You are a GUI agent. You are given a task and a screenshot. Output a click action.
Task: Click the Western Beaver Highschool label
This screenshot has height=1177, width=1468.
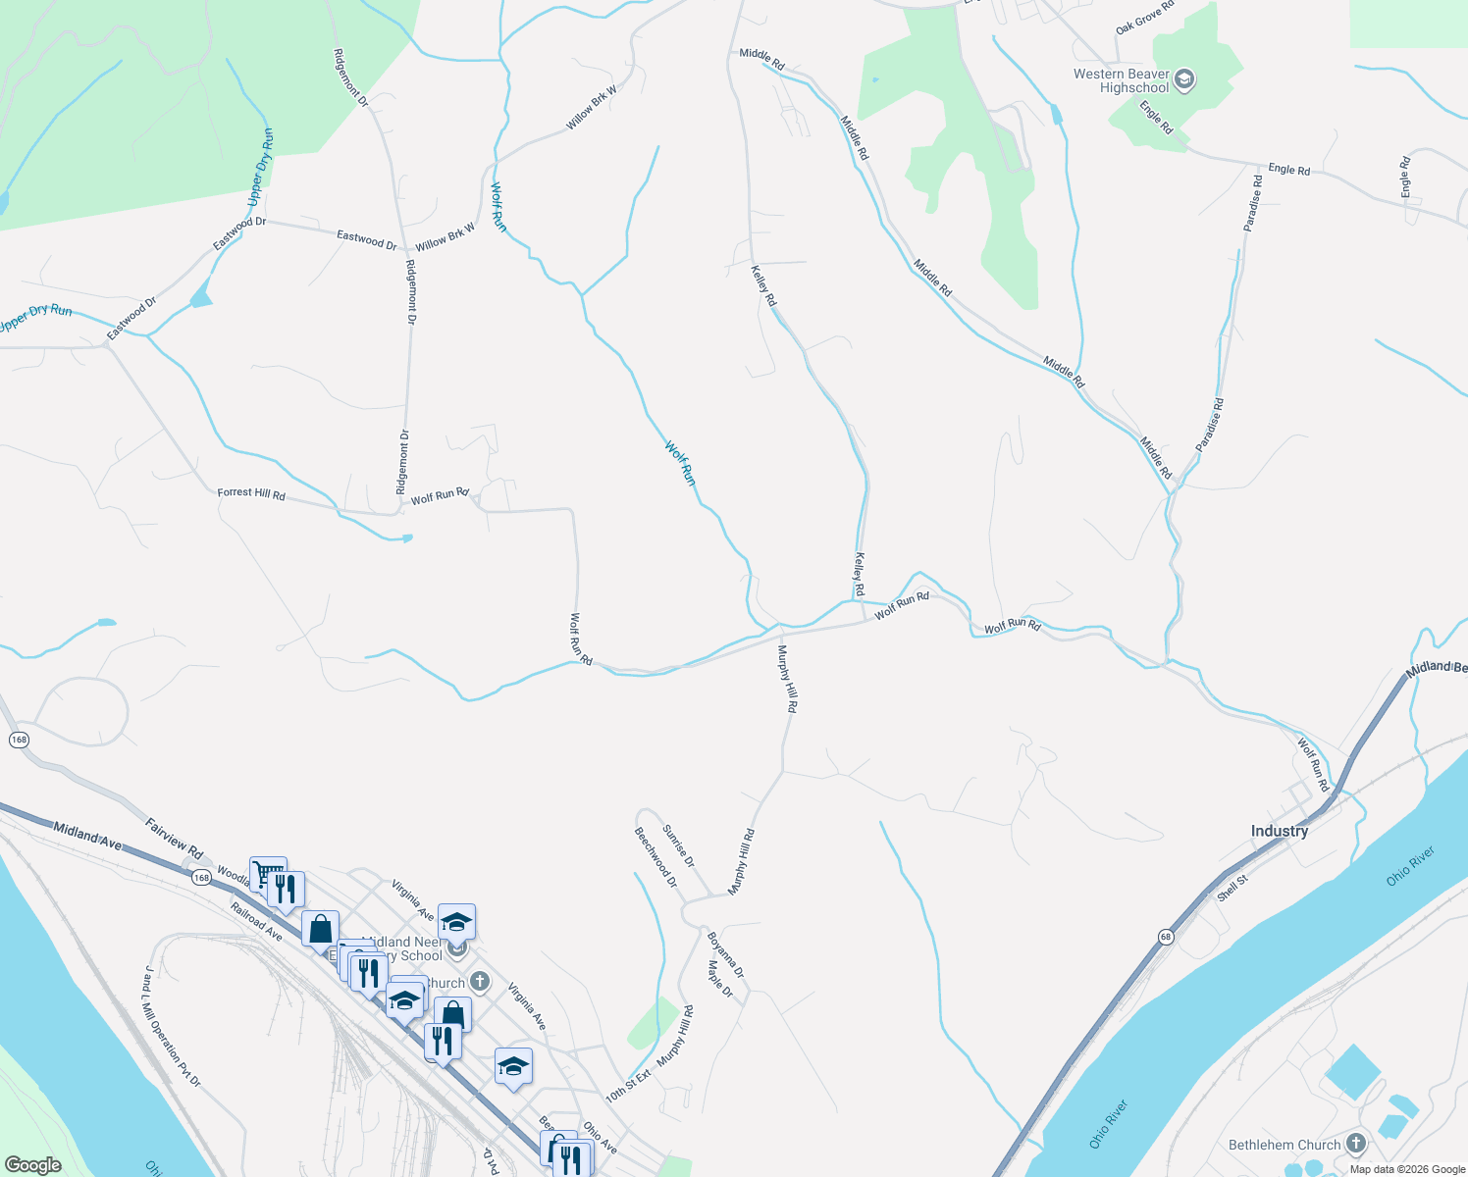coord(1121,80)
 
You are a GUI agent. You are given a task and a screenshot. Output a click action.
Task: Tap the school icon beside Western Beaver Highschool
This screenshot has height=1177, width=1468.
coord(1184,80)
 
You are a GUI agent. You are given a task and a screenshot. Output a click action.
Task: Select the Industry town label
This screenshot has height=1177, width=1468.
coord(1279,831)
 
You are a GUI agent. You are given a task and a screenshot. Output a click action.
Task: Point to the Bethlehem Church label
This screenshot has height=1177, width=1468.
coord(1284,1145)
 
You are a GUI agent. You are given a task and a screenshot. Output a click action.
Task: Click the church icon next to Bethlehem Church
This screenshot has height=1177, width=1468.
coord(1356,1144)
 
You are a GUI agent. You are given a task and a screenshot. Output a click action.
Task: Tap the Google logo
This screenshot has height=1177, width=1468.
coord(32,1165)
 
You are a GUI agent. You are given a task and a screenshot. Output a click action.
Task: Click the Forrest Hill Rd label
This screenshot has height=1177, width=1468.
coord(251,494)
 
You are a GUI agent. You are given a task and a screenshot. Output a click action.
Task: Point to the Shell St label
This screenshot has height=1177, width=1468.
coord(1232,888)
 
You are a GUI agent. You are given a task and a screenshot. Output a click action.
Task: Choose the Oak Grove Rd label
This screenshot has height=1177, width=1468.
coord(1145,18)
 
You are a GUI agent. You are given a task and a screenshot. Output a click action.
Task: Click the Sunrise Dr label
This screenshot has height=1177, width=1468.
coord(678,845)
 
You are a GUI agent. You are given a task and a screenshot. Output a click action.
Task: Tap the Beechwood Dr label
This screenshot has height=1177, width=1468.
coord(655,857)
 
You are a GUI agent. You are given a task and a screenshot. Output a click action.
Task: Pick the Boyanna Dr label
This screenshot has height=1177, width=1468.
coord(726,954)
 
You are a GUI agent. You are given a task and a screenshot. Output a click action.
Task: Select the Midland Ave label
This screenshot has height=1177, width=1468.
coord(87,836)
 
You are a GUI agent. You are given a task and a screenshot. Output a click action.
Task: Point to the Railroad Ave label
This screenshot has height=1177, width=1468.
coord(257,922)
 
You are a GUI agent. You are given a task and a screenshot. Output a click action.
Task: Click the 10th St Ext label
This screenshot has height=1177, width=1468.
coord(628,1086)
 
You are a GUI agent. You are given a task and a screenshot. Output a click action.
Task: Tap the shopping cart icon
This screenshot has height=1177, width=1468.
coord(267,873)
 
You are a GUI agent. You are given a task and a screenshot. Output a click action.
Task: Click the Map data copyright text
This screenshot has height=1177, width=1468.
coord(1407,1169)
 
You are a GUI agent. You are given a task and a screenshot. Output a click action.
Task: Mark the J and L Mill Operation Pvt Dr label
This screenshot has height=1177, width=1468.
coord(172,1026)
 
